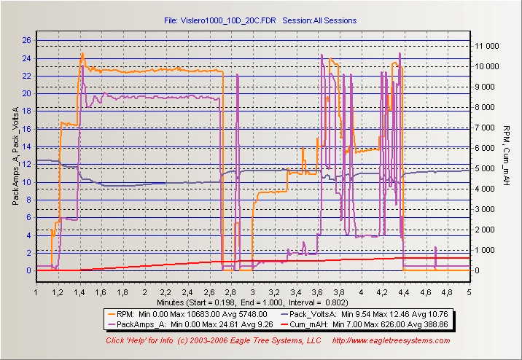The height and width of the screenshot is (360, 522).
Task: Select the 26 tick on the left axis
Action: click(26, 40)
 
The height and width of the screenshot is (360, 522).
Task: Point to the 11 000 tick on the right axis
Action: click(487, 46)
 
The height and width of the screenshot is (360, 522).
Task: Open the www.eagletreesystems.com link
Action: click(391, 340)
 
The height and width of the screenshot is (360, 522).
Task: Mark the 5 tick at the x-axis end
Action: click(469, 292)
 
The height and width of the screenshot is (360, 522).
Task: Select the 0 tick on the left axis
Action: click(28, 270)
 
